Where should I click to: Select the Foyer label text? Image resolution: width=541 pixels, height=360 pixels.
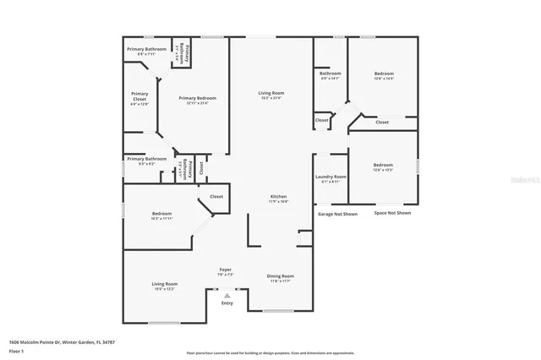coord(226,271)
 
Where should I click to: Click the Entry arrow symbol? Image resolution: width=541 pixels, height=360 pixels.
coord(226,295)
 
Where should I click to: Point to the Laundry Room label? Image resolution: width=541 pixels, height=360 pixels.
coord(331,178)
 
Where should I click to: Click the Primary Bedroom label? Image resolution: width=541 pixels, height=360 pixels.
coord(193,100)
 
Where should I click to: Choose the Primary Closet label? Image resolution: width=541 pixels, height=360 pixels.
coord(139,98)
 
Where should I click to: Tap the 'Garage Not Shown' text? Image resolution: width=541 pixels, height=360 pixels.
coord(337,214)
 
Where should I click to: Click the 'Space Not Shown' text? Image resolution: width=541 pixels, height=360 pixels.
coord(392,214)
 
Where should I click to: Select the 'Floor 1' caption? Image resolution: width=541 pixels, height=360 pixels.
coord(15,350)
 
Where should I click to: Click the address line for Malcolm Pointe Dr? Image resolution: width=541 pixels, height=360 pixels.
coord(62,342)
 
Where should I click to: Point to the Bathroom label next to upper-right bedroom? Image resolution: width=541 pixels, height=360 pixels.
coord(330,75)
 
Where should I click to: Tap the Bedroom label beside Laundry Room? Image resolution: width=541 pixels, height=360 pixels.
coord(383,166)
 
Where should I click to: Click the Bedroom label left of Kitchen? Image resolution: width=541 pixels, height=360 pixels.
coord(162,215)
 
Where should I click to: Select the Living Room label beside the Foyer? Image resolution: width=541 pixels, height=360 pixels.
coord(164,286)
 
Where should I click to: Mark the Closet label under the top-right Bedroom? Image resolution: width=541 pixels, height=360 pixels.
coord(382,123)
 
